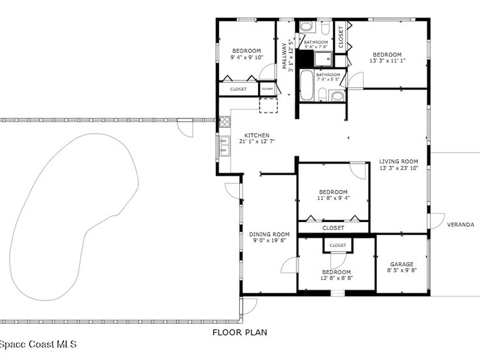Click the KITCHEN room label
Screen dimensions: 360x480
(256, 135)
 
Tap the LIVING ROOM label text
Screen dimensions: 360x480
(398, 162)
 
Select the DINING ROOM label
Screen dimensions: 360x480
(269, 234)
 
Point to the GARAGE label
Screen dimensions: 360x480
(402, 264)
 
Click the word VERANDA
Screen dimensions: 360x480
(460, 225)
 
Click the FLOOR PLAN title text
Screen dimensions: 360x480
(240, 332)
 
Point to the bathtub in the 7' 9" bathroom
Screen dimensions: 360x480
(307, 85)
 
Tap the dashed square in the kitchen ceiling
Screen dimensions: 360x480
(269, 105)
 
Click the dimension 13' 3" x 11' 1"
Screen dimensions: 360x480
(387, 61)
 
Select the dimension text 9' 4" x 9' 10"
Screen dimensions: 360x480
(247, 57)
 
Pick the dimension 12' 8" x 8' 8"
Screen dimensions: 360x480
(336, 278)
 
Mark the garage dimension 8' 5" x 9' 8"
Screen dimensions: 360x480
(402, 270)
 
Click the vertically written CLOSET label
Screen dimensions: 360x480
(341, 37)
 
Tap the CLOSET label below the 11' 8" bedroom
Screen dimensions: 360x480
(333, 228)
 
